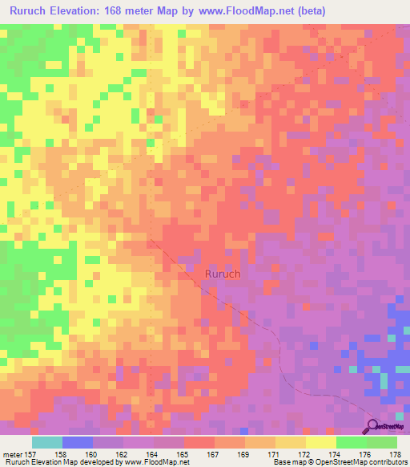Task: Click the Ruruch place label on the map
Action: (223, 274)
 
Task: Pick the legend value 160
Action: (107, 453)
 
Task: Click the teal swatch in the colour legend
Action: (47, 442)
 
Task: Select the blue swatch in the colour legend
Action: (78, 442)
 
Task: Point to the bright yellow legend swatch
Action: (321, 442)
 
